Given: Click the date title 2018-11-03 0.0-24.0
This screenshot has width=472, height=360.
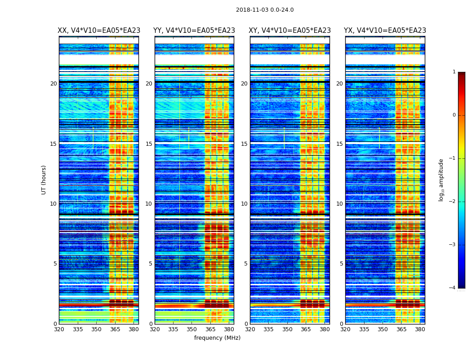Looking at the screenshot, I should (265, 10).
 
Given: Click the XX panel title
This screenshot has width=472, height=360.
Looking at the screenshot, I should (99, 31).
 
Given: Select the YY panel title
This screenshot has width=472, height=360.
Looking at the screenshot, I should (194, 31).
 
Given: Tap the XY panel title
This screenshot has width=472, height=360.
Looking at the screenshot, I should (290, 31).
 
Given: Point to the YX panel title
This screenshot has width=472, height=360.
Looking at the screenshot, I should (385, 31).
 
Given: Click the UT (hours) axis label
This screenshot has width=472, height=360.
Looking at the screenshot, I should (44, 180).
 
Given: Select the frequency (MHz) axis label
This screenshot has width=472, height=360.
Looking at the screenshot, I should (217, 338).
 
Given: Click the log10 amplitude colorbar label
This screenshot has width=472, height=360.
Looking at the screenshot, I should (441, 180).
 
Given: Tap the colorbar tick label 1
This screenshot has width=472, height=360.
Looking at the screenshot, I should (454, 72).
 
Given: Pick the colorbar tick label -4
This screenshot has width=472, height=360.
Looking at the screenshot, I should (453, 288).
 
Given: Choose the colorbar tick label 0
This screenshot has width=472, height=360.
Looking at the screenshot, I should (454, 115).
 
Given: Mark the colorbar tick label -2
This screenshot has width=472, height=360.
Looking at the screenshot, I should (453, 202).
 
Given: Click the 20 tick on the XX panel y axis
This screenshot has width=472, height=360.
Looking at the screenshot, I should (53, 84).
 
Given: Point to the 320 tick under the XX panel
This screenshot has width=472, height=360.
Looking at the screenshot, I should (59, 329).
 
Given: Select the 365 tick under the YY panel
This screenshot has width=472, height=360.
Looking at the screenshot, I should (210, 329).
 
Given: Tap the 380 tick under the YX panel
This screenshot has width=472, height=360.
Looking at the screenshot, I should (420, 329).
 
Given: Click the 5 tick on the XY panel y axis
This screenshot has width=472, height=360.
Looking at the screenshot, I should (246, 264).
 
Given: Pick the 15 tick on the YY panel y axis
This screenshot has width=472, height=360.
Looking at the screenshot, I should (149, 144).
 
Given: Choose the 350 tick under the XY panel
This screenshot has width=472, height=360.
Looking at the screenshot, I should (287, 329).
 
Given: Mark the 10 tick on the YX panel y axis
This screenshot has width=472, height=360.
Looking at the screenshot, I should (339, 204).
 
